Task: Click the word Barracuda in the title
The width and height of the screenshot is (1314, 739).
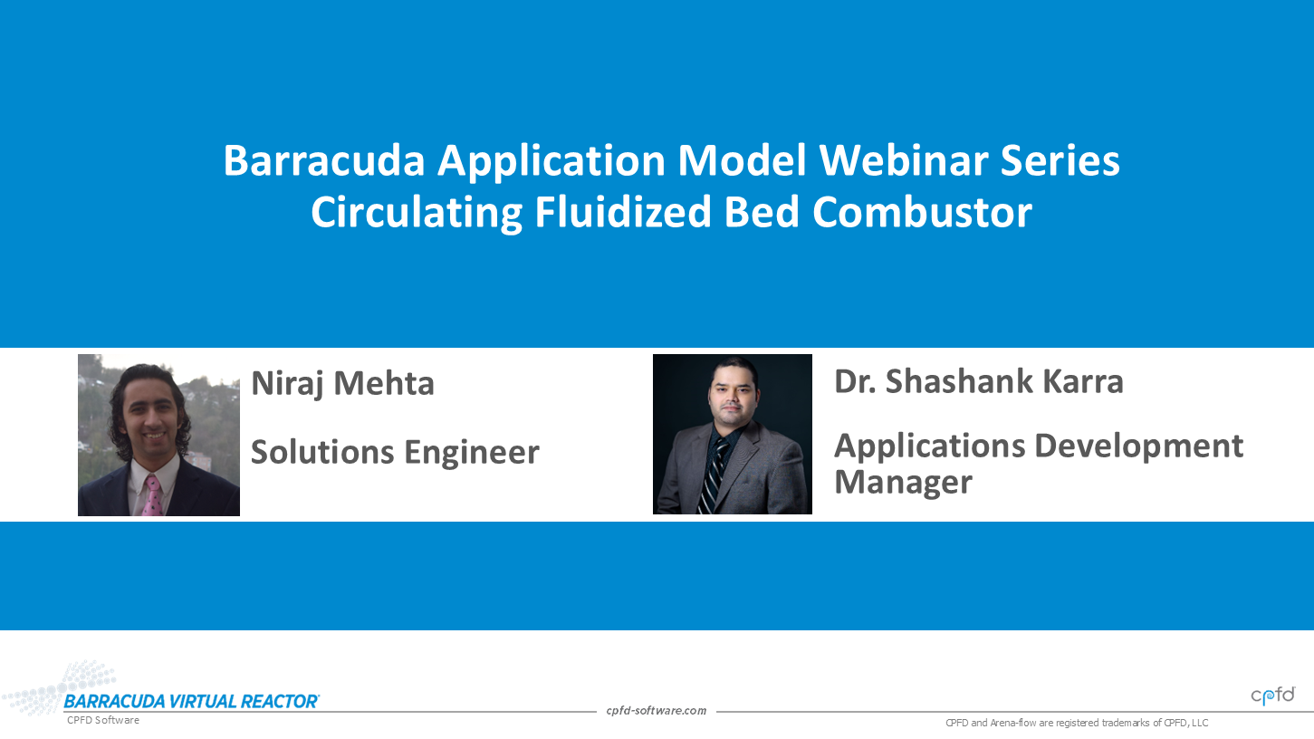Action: (324, 160)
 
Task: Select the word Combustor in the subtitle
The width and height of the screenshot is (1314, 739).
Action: (922, 212)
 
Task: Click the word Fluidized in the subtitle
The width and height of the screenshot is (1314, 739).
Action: (622, 212)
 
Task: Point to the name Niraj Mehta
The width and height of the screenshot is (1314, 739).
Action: (342, 384)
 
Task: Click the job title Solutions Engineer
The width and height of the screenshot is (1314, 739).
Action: (395, 452)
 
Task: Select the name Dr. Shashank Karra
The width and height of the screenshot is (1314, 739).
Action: (978, 381)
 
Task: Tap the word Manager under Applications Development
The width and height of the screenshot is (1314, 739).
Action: (903, 482)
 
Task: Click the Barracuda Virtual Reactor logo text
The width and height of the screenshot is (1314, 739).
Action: (191, 702)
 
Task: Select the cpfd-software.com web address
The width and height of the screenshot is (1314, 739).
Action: (656, 711)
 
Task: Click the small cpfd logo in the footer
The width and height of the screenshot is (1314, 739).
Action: (1273, 696)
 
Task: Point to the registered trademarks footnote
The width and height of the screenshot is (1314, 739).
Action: (1077, 724)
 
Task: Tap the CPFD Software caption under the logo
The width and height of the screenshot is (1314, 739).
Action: (102, 720)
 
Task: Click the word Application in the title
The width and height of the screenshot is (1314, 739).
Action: (551, 161)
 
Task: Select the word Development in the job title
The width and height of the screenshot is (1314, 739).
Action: (1138, 447)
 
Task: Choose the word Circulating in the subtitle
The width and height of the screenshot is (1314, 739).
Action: (417, 213)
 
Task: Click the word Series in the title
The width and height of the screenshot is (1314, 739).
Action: (1060, 160)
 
